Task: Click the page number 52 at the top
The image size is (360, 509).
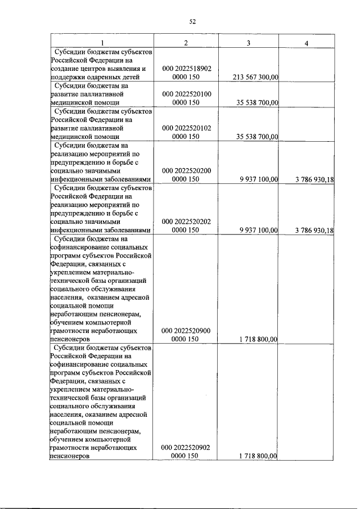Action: pos(192,22)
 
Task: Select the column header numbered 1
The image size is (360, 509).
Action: pos(102,43)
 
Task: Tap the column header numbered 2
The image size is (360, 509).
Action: pos(186,43)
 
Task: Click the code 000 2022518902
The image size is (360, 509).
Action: pos(186,69)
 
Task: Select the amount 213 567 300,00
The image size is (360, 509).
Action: pos(255,78)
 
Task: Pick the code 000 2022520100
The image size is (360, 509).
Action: pos(186,94)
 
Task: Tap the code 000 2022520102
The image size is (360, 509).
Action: pos(186,128)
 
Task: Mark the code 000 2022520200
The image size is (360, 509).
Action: pos(186,170)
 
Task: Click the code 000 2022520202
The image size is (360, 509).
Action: pos(186,222)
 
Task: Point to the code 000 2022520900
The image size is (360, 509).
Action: pos(186,331)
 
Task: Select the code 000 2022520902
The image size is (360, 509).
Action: pos(186,448)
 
